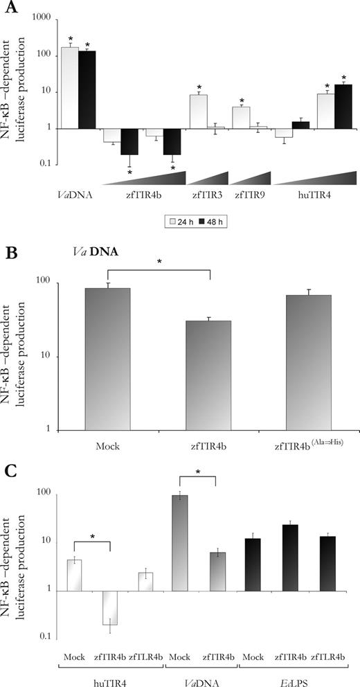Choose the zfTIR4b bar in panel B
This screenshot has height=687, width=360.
(x=208, y=375)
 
